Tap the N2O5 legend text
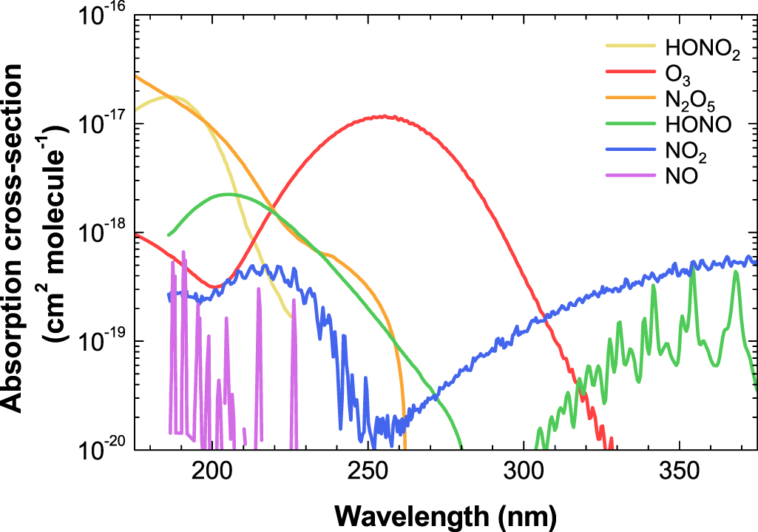pos(690,100)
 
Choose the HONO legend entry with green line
pos(697,125)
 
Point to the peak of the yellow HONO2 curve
pos(169,96)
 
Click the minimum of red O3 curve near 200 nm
pos(214,286)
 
